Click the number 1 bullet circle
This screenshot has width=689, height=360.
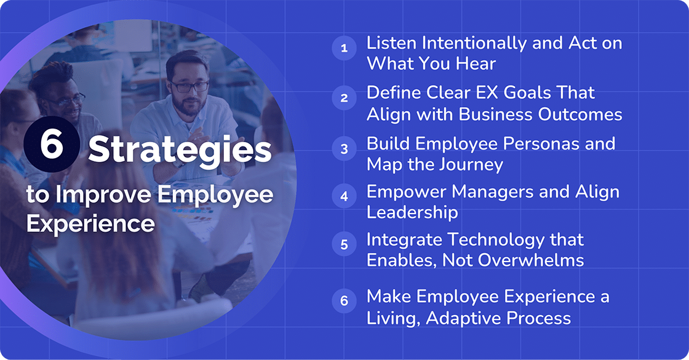click(344, 48)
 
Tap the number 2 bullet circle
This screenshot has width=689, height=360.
click(344, 98)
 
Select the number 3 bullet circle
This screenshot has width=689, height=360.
click(344, 149)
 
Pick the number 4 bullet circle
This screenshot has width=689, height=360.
click(344, 196)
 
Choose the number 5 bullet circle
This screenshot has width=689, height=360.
click(344, 244)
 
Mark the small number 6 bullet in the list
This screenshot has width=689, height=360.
click(344, 301)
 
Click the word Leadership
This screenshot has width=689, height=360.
click(412, 212)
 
